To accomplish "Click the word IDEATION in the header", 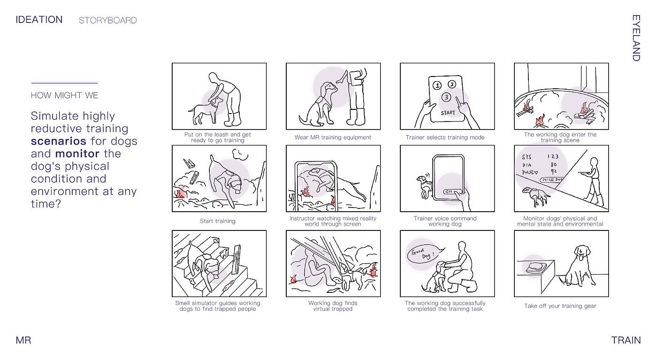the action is (39, 20).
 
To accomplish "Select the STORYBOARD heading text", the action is (107, 20).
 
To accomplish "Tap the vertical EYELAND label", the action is (636, 38).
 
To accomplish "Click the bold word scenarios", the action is (59, 141).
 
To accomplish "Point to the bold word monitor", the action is (77, 154).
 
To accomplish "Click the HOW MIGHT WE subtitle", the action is (65, 95).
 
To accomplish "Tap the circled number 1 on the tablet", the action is (437, 85).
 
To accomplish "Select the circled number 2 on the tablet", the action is (452, 84).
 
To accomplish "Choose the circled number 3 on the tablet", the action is (446, 97).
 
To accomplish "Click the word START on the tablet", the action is (448, 113).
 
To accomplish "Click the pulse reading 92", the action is (553, 171).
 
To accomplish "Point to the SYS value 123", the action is (553, 157).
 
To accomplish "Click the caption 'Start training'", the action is (218, 221).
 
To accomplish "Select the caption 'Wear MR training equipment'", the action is (333, 138).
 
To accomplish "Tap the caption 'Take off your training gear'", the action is (560, 306).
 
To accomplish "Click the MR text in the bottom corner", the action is (23, 340).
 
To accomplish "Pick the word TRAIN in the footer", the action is (626, 340).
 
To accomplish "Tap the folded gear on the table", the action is (535, 267).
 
